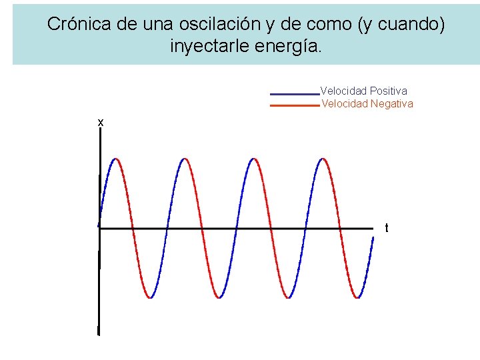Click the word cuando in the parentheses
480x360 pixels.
406,25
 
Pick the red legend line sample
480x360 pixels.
294,105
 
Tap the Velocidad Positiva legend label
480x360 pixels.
364,91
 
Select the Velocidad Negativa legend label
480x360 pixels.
367,103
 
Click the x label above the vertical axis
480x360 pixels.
100,122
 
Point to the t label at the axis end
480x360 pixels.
387,228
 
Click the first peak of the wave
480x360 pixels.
116,159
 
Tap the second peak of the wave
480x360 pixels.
185,159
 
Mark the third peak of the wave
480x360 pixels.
253,159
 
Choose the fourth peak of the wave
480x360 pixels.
323,159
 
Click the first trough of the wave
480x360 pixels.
151,297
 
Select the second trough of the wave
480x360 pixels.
219,297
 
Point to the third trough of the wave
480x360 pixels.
289,297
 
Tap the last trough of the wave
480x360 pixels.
358,297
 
